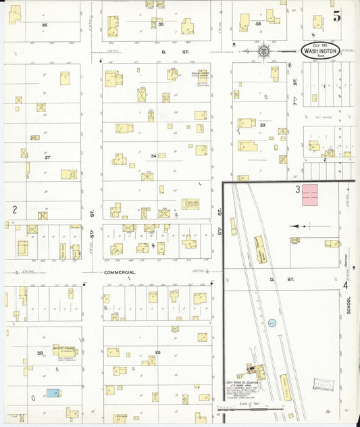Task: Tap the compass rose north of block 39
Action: coord(264,51)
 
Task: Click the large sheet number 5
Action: coord(336,17)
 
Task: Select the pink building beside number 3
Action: coord(309,195)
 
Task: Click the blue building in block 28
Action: coord(53,393)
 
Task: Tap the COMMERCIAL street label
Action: coord(120,272)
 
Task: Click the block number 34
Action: coord(153,156)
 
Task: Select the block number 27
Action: coord(47,157)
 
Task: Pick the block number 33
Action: coord(157,353)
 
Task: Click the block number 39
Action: coord(263,126)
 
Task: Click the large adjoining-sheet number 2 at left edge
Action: coord(14,209)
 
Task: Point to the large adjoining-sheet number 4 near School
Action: coord(345,285)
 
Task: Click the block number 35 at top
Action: coord(161,24)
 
